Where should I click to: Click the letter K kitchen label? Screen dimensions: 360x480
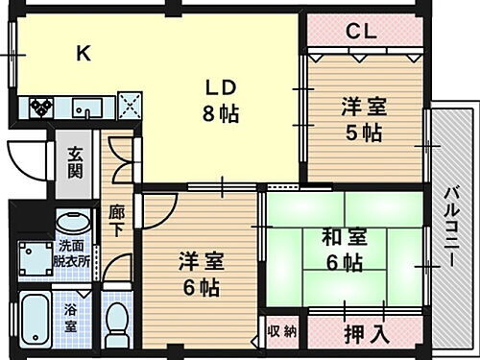pyautogui.click(x=83, y=54)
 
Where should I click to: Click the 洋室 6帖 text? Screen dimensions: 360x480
pyautogui.click(x=202, y=273)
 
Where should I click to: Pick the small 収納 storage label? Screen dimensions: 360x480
pyautogui.click(x=282, y=332)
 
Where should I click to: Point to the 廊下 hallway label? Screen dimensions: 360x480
pyautogui.click(x=115, y=222)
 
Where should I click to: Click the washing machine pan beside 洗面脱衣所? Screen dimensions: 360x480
pyautogui.click(x=35, y=257)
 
